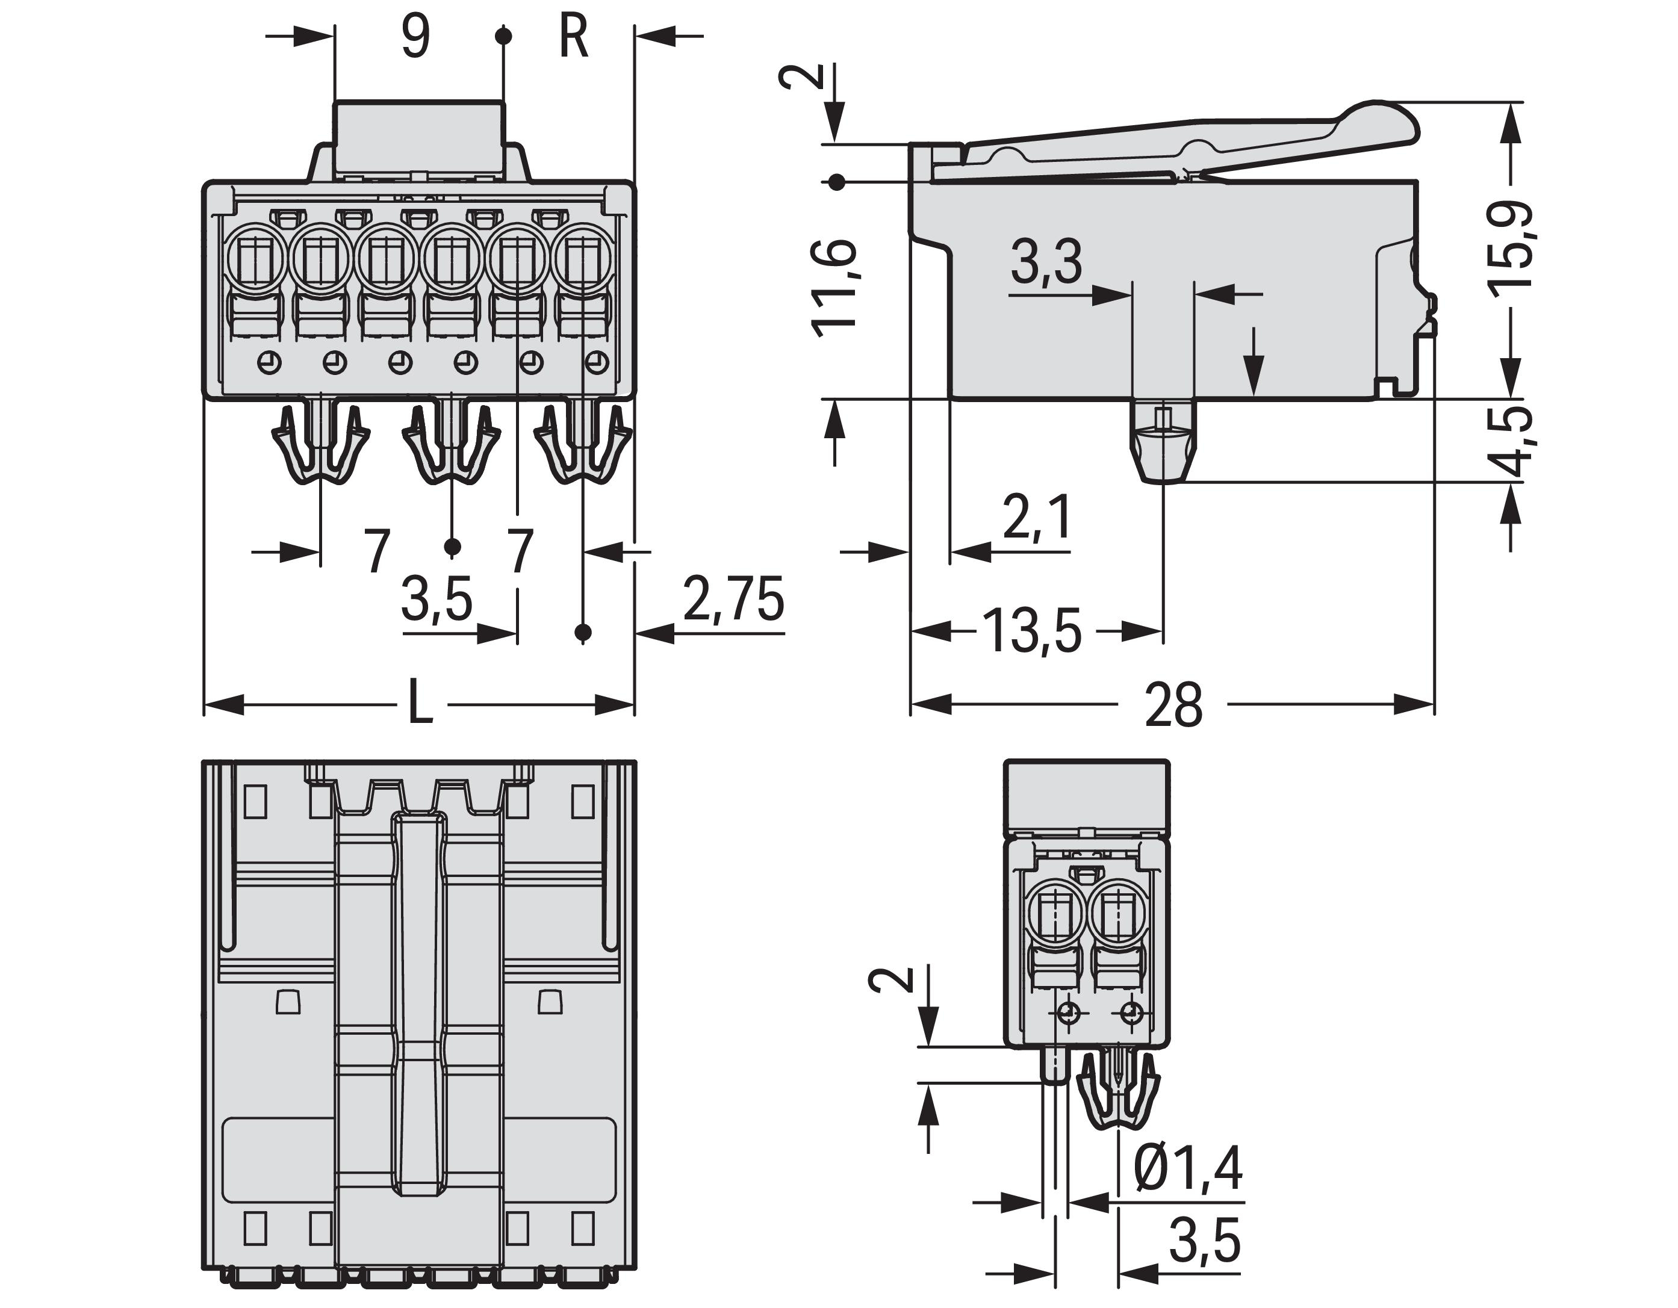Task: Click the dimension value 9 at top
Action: [x=415, y=36]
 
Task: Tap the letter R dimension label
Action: [x=573, y=36]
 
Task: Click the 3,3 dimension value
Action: [x=1046, y=262]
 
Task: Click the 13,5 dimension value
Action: [x=1033, y=631]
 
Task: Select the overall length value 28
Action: [x=1173, y=705]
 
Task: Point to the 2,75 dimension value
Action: [x=734, y=600]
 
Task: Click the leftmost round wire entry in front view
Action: [x=257, y=255]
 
